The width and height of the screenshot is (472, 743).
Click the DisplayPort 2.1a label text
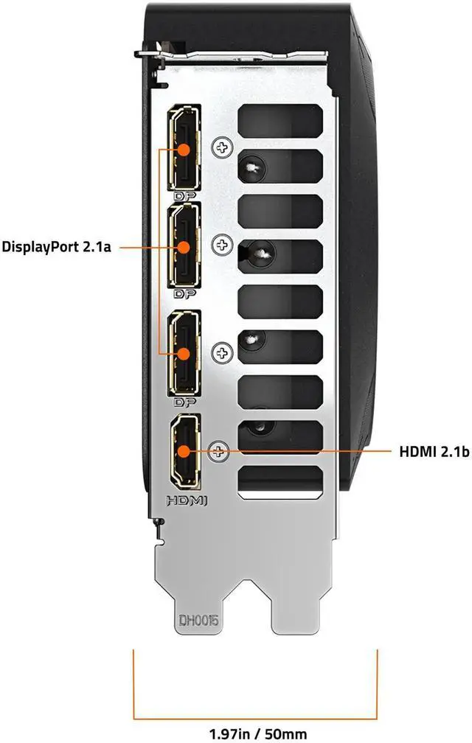(56, 247)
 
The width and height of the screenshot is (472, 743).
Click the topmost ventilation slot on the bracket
(281, 118)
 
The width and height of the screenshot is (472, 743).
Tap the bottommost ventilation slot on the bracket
(281, 481)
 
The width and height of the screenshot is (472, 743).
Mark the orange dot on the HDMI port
(184, 451)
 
